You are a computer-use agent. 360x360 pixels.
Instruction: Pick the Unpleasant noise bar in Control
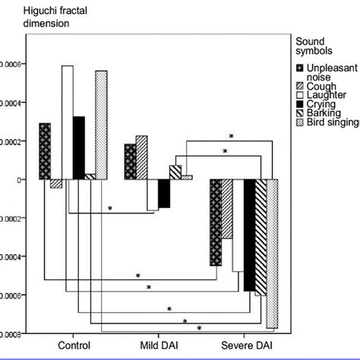tap(45, 151)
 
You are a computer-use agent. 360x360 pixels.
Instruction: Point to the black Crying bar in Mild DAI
tap(163, 194)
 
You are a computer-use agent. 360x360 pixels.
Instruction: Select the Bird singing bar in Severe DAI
tap(272, 254)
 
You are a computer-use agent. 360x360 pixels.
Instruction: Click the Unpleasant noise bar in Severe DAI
tap(216, 223)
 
